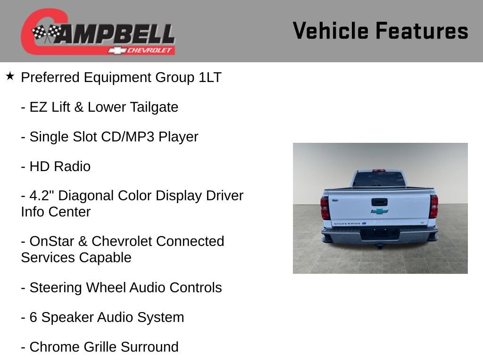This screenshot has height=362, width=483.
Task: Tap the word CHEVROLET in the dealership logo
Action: click(150, 50)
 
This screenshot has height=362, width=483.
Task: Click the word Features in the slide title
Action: click(422, 31)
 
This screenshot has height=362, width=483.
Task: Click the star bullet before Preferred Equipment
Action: click(10, 76)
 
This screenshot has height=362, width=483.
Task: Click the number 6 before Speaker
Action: click(33, 317)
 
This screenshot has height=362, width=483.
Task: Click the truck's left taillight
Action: click(325, 207)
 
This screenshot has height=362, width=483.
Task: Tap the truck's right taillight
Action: click(433, 206)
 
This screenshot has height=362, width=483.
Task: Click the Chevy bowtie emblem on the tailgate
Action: click(379, 211)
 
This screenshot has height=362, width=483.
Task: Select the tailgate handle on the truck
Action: click(379, 202)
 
